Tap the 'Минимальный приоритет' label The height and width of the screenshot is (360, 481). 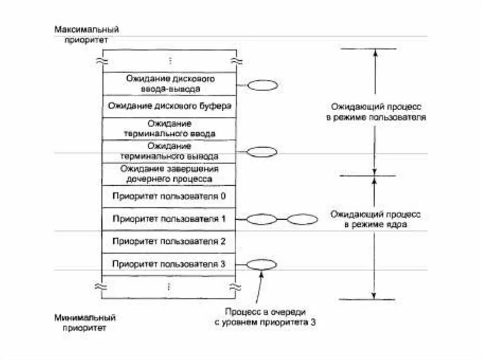(85, 323)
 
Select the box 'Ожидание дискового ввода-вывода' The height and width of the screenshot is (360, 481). (170, 84)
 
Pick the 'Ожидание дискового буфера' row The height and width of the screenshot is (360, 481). (170, 106)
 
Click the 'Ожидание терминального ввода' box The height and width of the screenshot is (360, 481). (170, 129)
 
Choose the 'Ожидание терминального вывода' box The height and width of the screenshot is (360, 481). (170, 151)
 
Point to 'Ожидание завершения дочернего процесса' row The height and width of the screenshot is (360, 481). (170, 174)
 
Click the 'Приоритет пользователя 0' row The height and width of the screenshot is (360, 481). (170, 196)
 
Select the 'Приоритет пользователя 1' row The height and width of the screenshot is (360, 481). (170, 219)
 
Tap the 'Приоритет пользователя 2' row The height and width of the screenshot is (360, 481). (170, 242)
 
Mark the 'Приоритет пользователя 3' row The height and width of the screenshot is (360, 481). (170, 264)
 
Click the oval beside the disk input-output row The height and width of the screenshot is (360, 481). (263, 85)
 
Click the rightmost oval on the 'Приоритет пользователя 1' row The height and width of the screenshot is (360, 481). (303, 219)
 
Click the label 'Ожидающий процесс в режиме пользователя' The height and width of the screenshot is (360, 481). (376, 112)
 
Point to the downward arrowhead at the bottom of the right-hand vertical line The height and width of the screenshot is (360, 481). (374, 295)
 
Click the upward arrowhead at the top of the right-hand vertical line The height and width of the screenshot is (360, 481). (374, 53)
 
